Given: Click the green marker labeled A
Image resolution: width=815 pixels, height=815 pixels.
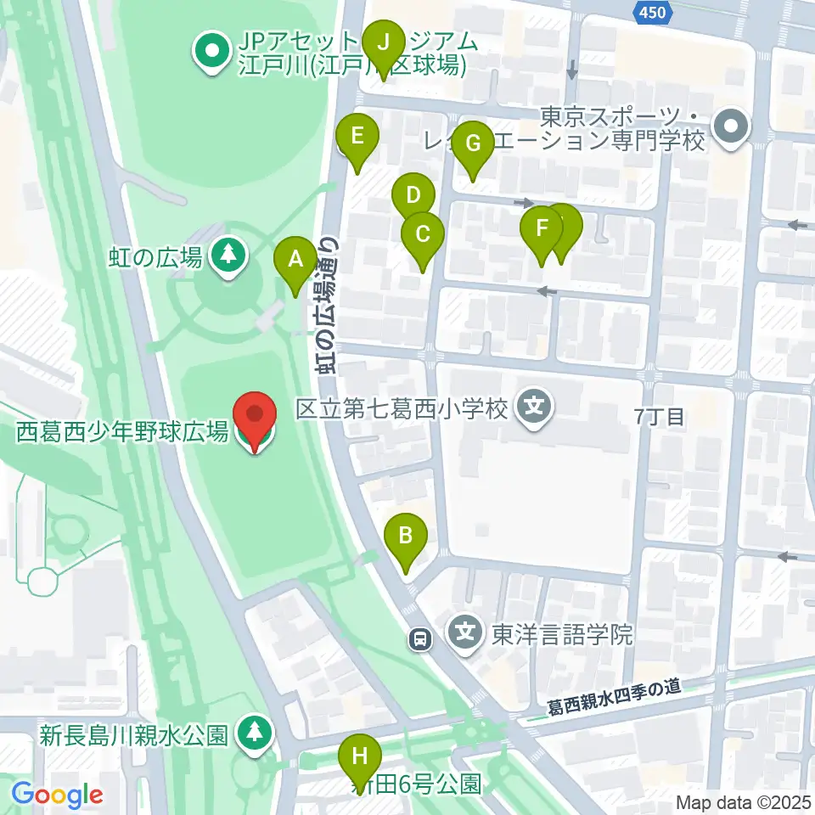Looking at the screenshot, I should (295, 259).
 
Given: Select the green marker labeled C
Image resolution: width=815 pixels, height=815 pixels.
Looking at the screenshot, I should (423, 232).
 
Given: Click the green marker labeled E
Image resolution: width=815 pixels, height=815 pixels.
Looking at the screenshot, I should (357, 135).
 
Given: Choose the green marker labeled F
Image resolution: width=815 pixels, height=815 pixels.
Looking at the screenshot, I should (542, 228).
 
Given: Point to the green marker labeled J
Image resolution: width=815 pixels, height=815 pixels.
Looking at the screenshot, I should (384, 42).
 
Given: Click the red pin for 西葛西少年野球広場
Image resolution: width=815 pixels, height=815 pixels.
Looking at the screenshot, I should (256, 416).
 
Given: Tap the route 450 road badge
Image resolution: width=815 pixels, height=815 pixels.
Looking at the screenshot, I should (654, 11).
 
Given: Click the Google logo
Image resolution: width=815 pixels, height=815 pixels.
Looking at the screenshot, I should (57, 795).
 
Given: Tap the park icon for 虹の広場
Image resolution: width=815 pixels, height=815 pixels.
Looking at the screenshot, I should (228, 254).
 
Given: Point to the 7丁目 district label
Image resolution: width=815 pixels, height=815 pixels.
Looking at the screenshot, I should (660, 416).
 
